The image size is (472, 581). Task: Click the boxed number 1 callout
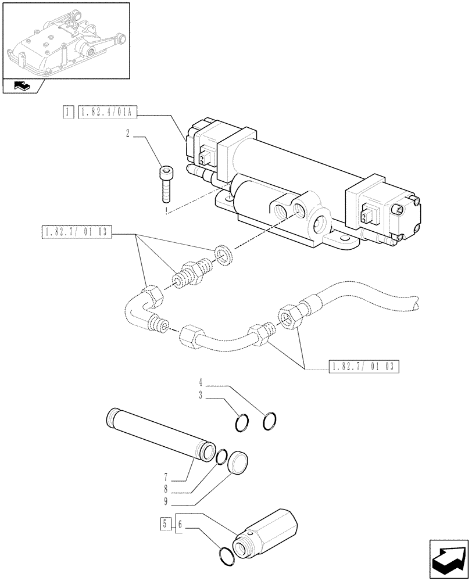(x=69, y=111)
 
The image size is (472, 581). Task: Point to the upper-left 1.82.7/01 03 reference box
(x=76, y=234)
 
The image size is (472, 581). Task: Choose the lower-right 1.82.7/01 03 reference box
(x=364, y=366)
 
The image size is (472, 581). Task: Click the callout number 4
(x=200, y=383)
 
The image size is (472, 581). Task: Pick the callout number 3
(x=200, y=396)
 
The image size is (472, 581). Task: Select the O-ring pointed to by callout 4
(x=270, y=421)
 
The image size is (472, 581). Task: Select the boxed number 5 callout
(x=166, y=525)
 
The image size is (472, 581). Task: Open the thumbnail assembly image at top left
(x=65, y=40)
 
